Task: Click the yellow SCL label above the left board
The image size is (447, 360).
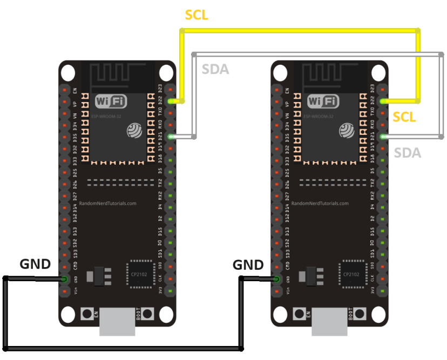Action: pyautogui.click(x=197, y=15)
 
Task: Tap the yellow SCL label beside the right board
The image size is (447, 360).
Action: pyautogui.click(x=404, y=117)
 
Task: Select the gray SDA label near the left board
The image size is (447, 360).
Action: pyautogui.click(x=215, y=69)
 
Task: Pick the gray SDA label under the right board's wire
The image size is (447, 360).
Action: pyautogui.click(x=407, y=153)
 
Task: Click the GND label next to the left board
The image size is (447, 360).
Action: pyautogui.click(x=35, y=264)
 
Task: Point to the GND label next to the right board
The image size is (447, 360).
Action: pyautogui.click(x=248, y=265)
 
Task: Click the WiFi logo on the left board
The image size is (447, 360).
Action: pyautogui.click(x=111, y=101)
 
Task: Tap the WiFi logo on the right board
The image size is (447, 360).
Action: pyautogui.click(x=323, y=101)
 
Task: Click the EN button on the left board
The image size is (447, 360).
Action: pyautogui.click(x=86, y=314)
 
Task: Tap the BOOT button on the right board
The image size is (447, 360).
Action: pyautogui.click(x=359, y=314)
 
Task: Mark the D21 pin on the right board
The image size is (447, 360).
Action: pyautogui.click(x=383, y=137)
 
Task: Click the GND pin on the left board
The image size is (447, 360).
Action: pyautogui.click(x=64, y=279)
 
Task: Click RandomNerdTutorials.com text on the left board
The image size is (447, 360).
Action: pyautogui.click(x=108, y=204)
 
